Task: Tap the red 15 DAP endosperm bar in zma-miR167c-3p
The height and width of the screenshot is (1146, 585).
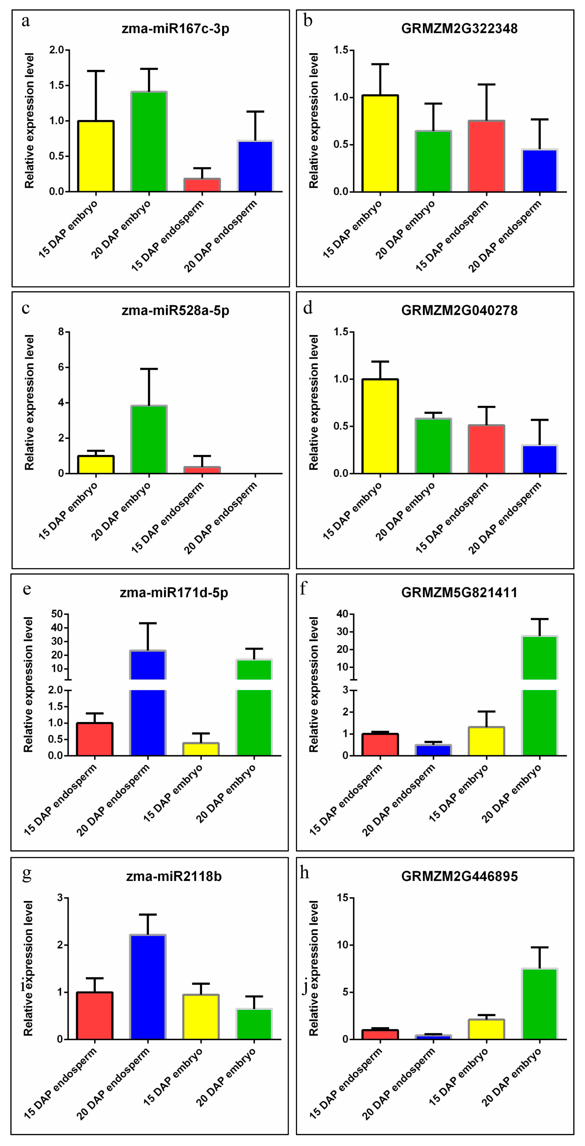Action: pos(202,185)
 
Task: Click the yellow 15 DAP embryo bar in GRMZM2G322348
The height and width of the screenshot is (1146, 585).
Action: pos(380,143)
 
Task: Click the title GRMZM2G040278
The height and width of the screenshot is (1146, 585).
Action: pos(459,310)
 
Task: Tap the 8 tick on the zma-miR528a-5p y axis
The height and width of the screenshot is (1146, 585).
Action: pos(61,332)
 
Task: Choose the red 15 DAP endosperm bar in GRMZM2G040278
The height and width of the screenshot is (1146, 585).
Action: pos(486,449)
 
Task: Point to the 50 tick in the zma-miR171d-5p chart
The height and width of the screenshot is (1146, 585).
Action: pos(57,614)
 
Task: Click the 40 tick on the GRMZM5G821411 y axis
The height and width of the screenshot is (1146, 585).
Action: pos(342,614)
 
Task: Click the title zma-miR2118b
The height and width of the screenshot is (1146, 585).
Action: pos(174,876)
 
